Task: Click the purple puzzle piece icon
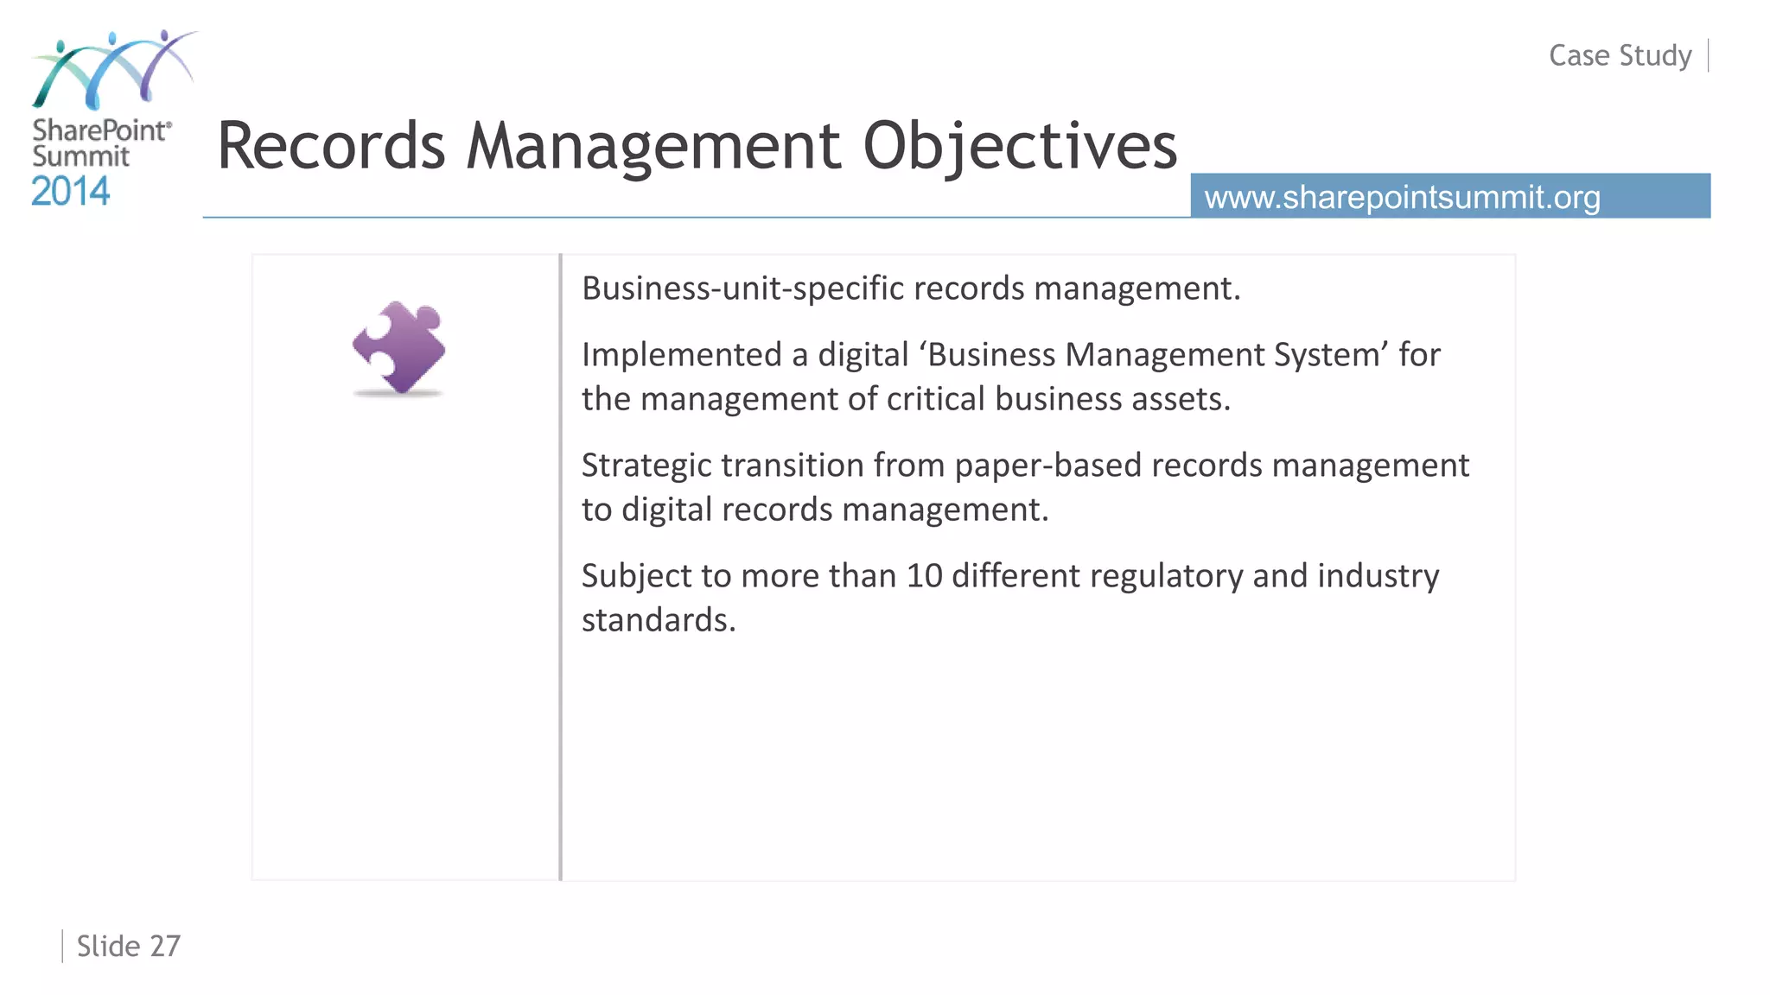399,347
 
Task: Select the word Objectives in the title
1020,147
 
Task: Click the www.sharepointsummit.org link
1402,197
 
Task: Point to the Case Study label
1620,55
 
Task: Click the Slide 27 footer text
128,946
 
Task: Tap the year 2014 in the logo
71,191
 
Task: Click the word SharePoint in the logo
100,130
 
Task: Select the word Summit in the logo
80,156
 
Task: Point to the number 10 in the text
924,576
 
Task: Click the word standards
659,620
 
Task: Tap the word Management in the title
653,147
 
